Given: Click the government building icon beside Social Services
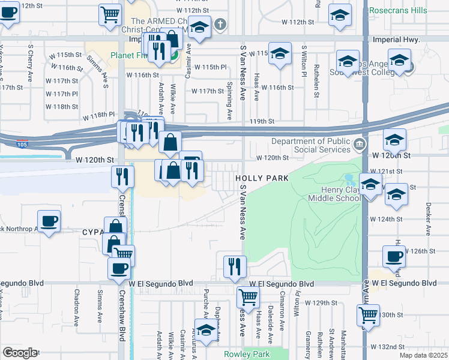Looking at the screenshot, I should [359, 144].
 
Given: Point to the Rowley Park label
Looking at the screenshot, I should [247, 354].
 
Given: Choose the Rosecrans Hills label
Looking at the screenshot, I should [398, 10].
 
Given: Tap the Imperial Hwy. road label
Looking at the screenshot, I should [399, 40].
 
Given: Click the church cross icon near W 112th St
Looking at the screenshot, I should [220, 25].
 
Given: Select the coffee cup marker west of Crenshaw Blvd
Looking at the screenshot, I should [49, 221].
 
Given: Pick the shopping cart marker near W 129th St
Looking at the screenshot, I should [248, 297].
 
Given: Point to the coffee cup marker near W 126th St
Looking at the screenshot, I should [394, 257].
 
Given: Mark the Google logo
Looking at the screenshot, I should [19, 353].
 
